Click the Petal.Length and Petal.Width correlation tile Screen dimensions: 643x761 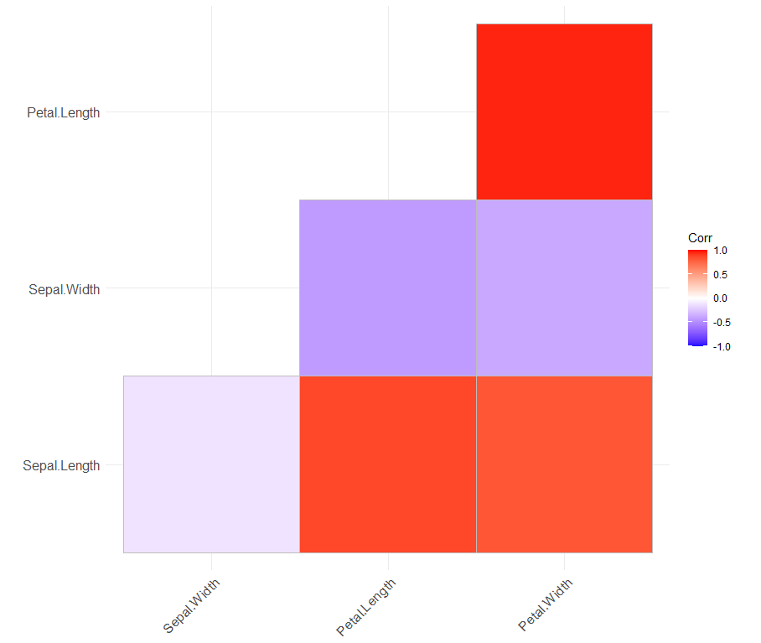click(564, 111)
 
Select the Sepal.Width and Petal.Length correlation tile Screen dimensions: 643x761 click(387, 288)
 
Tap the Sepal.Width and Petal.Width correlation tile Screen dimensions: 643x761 click(564, 288)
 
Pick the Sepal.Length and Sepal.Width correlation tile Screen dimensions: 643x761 click(211, 464)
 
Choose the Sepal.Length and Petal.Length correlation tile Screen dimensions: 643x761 click(387, 464)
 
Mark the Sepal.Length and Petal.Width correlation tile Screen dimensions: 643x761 click(564, 464)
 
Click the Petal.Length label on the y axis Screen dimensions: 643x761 click(63, 112)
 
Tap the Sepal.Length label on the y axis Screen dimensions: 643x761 click(61, 465)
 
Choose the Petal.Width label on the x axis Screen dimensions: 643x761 click(546, 604)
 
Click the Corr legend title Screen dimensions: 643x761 click(700, 237)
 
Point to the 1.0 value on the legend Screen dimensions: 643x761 click(719, 250)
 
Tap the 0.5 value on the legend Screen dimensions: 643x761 click(719, 274)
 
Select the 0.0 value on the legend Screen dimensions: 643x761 click(719, 298)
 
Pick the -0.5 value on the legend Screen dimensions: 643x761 click(721, 322)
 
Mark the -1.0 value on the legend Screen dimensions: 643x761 click(721, 345)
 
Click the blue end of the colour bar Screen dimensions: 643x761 click(697, 343)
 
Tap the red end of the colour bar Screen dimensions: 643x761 click(697, 251)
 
